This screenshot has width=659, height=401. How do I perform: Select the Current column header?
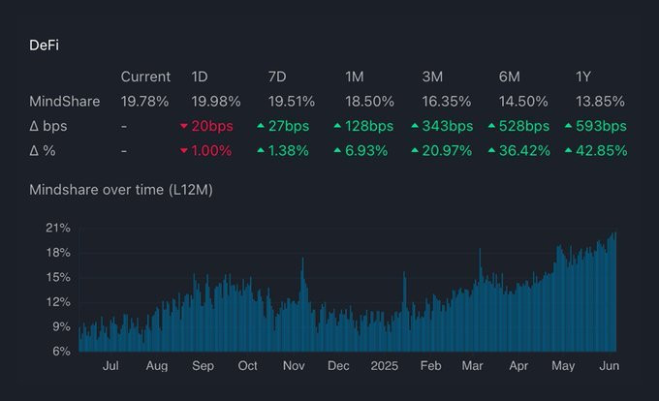pyautogui.click(x=145, y=77)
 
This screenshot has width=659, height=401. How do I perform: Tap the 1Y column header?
pyautogui.click(x=585, y=77)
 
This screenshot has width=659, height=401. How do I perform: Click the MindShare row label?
pyautogui.click(x=65, y=101)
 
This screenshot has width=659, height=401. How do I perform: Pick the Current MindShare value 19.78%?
pyautogui.click(x=145, y=101)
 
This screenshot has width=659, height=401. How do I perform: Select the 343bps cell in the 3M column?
pyautogui.click(x=442, y=126)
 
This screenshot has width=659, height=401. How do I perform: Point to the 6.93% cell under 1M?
pyautogui.click(x=364, y=150)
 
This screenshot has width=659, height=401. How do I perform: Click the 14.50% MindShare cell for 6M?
pyautogui.click(x=522, y=101)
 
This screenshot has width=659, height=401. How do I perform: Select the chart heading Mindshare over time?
pyautogui.click(x=120, y=190)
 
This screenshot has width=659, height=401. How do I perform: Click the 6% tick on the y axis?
pyautogui.click(x=60, y=351)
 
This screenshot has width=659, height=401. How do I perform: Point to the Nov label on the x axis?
pyautogui.click(x=294, y=366)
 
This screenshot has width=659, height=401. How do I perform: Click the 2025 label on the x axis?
pyautogui.click(x=385, y=366)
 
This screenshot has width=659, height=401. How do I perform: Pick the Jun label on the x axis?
pyautogui.click(x=609, y=366)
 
